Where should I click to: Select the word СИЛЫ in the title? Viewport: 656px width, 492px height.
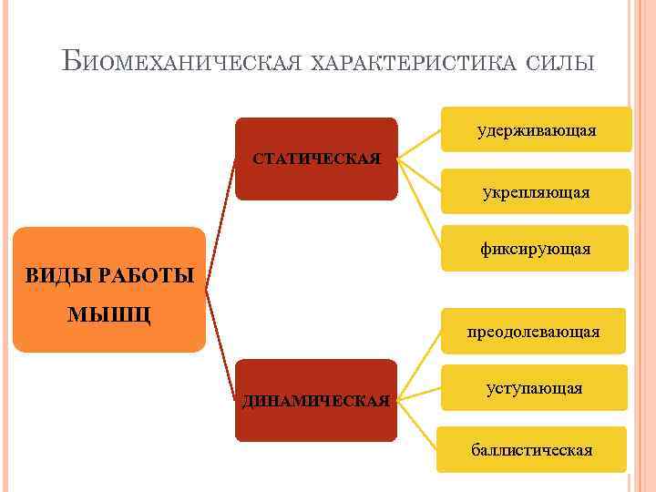tap(560, 63)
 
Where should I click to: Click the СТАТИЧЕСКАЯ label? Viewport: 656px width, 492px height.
tap(316, 159)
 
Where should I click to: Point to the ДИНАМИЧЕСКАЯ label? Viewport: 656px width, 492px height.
tap(316, 400)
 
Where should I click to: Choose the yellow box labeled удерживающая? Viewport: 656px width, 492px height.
tap(536, 130)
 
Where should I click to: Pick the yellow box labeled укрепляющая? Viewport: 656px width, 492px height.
tap(536, 191)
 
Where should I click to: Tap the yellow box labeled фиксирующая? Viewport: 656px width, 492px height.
tap(536, 248)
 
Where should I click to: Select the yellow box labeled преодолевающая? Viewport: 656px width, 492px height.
tap(533, 331)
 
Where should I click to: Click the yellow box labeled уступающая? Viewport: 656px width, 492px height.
tap(533, 388)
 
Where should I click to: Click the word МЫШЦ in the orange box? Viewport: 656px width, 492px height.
tap(109, 314)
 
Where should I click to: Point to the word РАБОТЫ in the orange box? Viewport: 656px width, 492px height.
tap(146, 274)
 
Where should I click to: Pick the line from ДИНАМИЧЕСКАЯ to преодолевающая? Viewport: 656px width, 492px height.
tap(420, 364)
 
